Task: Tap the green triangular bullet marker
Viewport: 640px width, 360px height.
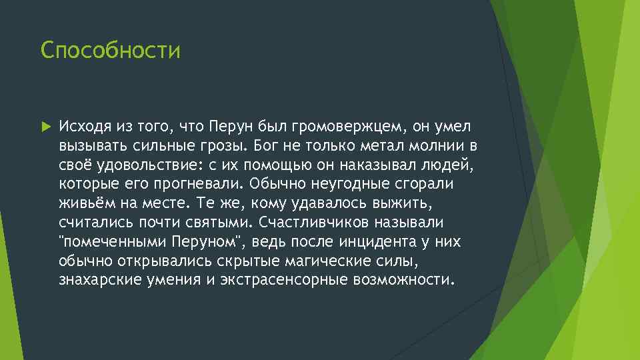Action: (x=45, y=125)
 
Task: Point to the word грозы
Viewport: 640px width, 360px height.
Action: (x=229, y=145)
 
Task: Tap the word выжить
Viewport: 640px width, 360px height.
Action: (x=409, y=203)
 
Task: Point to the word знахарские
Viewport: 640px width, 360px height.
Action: (x=95, y=279)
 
